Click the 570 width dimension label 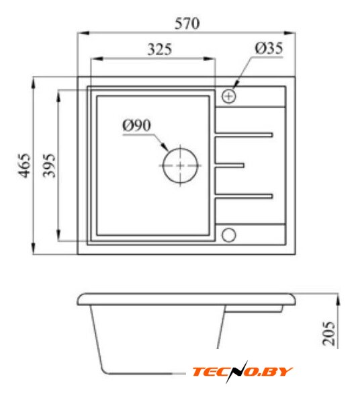tap(187, 24)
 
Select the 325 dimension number tap(159, 49)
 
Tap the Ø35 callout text tap(269, 48)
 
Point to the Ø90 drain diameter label tap(137, 125)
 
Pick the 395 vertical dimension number tap(49, 165)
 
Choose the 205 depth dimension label tap(329, 333)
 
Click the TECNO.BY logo tap(242, 372)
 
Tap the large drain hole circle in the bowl tap(180, 165)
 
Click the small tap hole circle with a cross tap(229, 96)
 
